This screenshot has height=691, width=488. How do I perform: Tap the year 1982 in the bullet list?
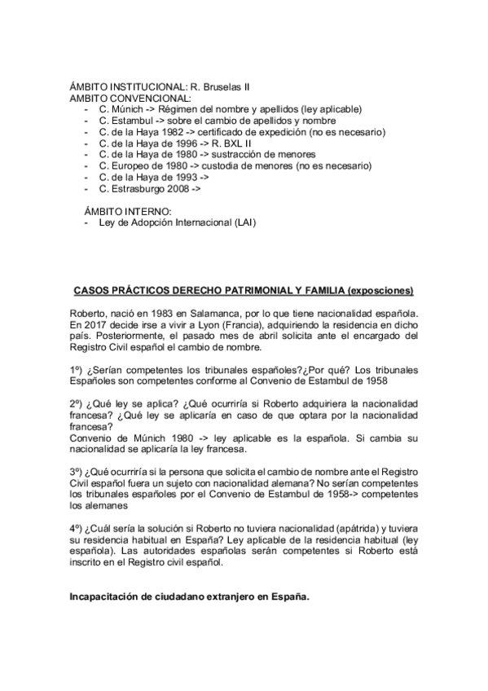(x=169, y=131)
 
